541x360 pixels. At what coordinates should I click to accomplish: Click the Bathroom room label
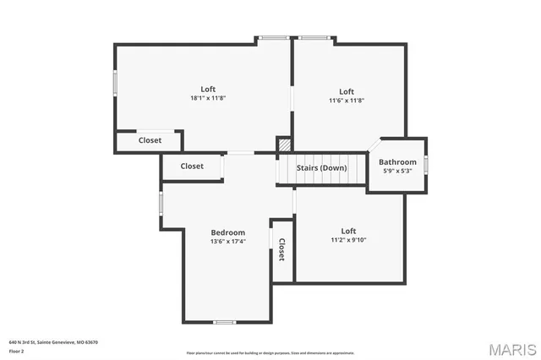coord(397,162)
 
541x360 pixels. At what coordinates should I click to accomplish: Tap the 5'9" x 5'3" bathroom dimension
coord(397,172)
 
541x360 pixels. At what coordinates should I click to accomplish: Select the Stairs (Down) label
coord(321,167)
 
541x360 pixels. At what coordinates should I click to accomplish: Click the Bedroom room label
coord(227,232)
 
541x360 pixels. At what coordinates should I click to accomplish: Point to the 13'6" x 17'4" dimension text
coord(227,242)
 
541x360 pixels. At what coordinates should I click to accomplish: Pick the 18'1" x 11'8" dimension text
coord(208,99)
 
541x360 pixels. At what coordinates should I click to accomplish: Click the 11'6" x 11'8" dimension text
coord(347,101)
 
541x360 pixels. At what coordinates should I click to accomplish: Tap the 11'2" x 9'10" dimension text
coord(348,240)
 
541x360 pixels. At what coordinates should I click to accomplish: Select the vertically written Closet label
coord(281,249)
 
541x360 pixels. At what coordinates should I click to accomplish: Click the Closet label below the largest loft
coord(150,140)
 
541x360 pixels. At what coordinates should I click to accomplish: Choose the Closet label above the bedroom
coord(192,166)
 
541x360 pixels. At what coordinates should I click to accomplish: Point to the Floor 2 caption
coord(16,350)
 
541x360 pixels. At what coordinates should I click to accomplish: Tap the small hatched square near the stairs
coord(284,144)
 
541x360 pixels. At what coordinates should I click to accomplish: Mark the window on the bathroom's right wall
coord(426,164)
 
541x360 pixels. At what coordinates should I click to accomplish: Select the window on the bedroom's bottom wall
coord(224,322)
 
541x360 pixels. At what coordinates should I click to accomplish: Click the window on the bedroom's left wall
coord(161,203)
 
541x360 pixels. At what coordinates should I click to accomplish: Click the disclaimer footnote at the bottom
coord(270,352)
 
